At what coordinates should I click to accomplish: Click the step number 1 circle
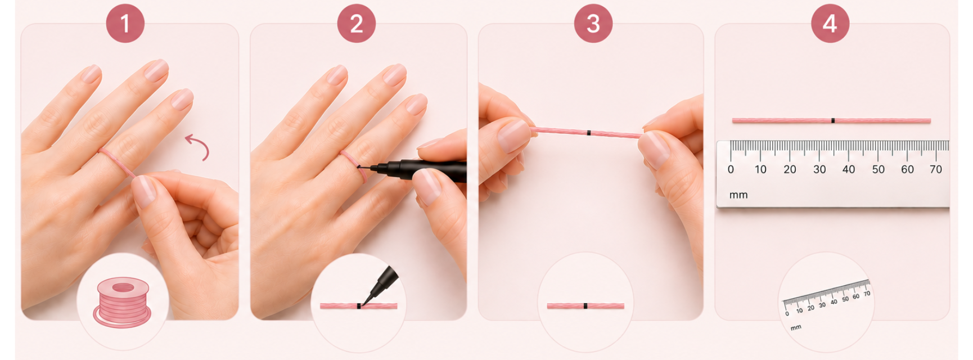[x=125, y=24]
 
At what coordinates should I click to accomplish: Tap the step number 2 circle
[x=357, y=24]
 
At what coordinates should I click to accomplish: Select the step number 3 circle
[x=593, y=24]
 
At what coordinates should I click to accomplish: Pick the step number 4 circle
[x=830, y=24]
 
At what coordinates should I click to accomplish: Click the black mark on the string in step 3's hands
[x=588, y=133]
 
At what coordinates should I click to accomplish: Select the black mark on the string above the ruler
[x=833, y=120]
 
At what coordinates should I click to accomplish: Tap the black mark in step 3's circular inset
[x=585, y=306]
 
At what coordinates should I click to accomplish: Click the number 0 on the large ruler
[x=731, y=169]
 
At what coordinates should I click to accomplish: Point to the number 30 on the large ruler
[x=819, y=169]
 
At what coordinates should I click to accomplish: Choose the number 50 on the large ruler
[x=878, y=169]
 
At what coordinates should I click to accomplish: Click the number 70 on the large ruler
[x=936, y=169]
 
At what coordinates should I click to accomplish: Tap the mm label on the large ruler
[x=738, y=195]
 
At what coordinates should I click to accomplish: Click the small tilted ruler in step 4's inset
[x=827, y=298]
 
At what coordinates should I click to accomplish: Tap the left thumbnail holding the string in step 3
[x=513, y=136]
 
